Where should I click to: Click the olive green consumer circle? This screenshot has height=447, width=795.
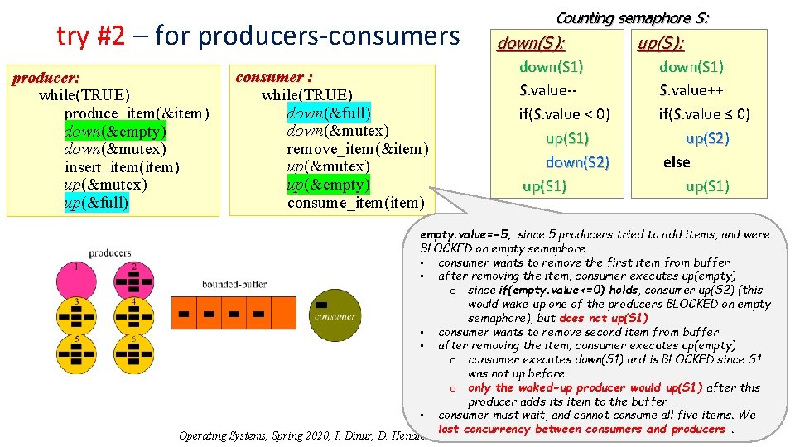334,312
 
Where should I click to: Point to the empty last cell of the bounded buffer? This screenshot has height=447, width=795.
284,312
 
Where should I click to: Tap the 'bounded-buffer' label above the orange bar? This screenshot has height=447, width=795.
234,284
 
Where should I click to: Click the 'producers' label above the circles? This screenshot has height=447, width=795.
110,252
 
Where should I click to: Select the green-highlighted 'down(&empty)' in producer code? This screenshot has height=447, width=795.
115,131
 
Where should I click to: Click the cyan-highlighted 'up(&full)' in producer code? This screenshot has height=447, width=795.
96,202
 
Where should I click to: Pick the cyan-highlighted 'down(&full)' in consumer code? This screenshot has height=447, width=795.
329,113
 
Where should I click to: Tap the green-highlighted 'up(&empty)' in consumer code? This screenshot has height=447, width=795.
329,184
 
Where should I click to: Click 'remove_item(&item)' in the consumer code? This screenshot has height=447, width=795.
358,149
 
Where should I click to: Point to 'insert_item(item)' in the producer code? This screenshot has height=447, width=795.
121,167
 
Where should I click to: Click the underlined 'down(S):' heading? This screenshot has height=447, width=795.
531,44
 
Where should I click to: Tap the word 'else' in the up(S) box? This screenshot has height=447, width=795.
677,162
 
